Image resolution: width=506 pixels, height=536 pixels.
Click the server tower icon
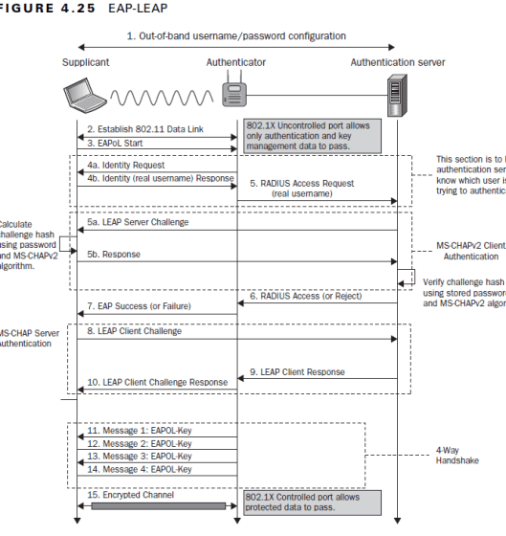point(397,97)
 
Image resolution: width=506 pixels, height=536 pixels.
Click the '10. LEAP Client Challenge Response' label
point(158,381)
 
